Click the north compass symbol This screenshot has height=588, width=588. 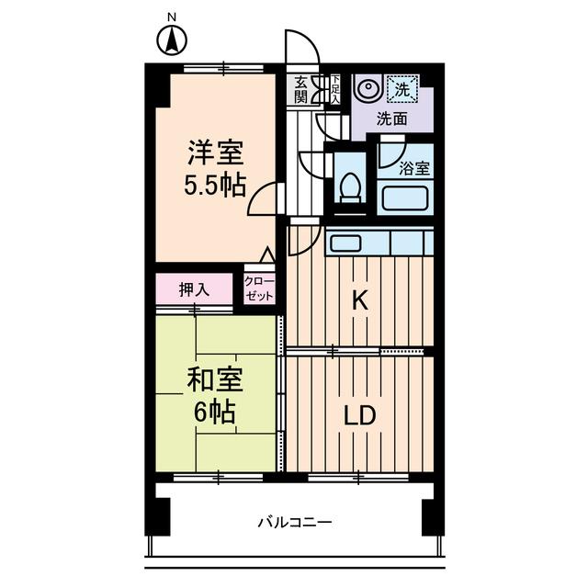(x=171, y=40)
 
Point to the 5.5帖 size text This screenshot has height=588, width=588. (x=217, y=186)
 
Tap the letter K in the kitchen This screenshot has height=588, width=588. (x=362, y=300)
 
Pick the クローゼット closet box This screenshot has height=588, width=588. (x=258, y=289)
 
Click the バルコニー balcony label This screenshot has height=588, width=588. (x=293, y=523)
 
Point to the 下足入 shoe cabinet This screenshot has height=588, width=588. (x=335, y=88)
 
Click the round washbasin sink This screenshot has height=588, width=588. (x=367, y=89)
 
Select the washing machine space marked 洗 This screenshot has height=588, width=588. (x=401, y=89)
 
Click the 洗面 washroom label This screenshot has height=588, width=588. (x=395, y=119)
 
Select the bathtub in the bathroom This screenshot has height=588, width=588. (x=405, y=198)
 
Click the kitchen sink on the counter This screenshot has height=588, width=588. (x=346, y=243)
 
